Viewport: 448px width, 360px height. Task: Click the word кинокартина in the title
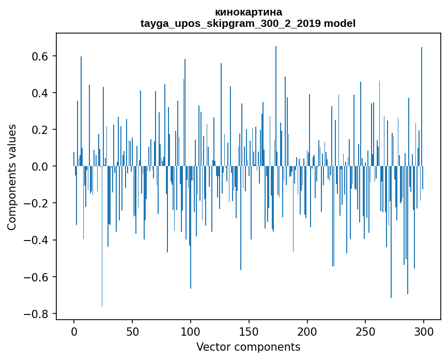(248, 12)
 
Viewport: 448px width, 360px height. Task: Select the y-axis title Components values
(11, 177)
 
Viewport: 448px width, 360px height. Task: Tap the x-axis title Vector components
(248, 347)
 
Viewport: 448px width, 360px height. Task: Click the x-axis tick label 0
(74, 331)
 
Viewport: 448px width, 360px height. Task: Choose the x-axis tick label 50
(132, 331)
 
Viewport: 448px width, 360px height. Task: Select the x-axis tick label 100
(191, 331)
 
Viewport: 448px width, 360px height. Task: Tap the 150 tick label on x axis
(249, 331)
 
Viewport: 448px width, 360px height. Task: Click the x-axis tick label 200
(307, 331)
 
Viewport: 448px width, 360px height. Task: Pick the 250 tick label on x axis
(366, 331)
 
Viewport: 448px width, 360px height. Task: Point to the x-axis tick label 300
(424, 331)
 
